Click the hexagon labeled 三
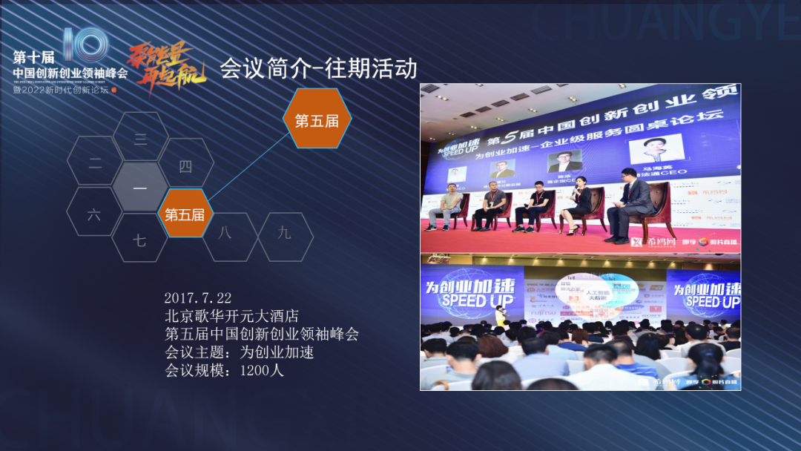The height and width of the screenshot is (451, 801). tap(140, 138)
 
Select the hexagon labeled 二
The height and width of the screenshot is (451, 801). tap(95, 163)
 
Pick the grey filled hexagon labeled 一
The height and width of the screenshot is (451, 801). tap(140, 188)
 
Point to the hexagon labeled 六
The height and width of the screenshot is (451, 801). tap(94, 214)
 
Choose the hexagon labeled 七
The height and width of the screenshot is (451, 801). tap(139, 240)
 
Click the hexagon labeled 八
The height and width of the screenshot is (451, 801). tap(225, 233)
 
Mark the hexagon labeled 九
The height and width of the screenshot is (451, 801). tap(285, 233)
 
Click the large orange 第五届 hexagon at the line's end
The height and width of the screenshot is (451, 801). tap(317, 120)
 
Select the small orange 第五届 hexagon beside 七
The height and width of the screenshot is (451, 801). tap(185, 214)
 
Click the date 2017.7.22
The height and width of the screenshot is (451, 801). tap(198, 298)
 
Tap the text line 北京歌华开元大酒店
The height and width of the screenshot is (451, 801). tap(231, 316)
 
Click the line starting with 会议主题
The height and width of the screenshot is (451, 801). tap(240, 352)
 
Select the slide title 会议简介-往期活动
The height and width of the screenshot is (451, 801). tap(318, 69)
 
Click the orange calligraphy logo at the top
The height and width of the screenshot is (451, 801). tap(160, 65)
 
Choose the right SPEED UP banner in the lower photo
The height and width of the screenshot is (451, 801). tap(707, 294)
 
